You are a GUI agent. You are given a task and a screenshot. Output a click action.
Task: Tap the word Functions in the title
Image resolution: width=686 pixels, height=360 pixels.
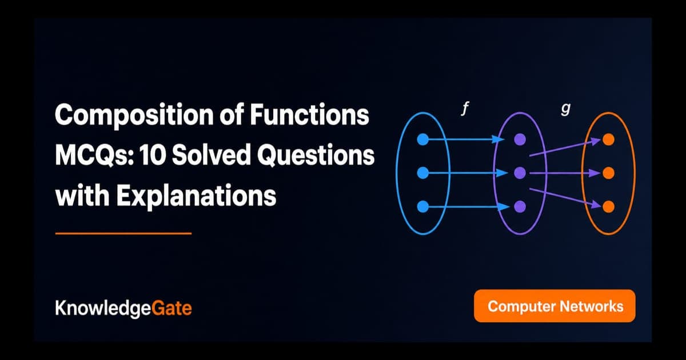point(309,114)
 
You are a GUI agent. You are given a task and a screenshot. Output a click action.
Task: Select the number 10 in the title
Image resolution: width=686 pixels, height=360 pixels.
point(153,155)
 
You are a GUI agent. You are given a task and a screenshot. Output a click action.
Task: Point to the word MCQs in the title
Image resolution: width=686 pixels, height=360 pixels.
point(95,155)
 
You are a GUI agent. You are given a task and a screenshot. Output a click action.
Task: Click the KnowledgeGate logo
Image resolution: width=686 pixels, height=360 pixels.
point(123,308)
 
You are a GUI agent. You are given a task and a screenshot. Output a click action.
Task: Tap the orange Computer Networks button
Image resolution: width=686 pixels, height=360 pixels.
point(555,306)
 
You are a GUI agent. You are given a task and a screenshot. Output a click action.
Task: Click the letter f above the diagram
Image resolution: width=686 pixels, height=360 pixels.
point(465,109)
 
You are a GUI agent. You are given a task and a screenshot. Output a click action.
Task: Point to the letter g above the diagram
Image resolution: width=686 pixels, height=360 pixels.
point(566,109)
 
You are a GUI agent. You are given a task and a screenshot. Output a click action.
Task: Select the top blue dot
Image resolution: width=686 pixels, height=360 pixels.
point(423,139)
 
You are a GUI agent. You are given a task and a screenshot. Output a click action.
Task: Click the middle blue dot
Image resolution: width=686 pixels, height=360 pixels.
point(423,173)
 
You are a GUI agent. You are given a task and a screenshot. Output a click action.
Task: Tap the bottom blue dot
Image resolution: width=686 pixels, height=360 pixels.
point(423,207)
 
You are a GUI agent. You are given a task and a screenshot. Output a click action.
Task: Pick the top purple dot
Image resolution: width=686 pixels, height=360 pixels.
point(520,139)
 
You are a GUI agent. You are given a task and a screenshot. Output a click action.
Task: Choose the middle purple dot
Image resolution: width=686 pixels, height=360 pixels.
point(520,173)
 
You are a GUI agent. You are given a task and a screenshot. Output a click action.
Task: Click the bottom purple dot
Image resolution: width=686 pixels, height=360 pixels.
point(520,207)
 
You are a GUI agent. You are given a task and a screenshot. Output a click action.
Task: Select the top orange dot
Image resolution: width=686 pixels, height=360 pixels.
point(608,139)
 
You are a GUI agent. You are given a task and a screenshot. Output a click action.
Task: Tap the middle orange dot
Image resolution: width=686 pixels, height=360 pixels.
point(608,173)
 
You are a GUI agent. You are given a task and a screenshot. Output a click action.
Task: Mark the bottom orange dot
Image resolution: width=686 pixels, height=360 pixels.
point(608,207)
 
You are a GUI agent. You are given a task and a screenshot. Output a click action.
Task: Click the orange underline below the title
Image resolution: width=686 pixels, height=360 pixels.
point(123,234)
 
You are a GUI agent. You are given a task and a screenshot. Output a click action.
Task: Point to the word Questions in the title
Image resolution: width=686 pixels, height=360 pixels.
point(316,155)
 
